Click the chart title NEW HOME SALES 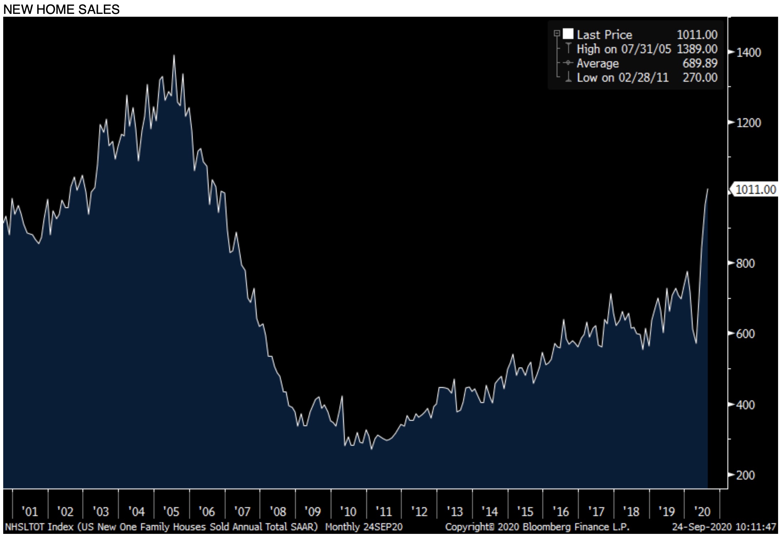(61, 9)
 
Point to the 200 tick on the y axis (745, 475)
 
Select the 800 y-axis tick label (745, 263)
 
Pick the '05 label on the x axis (171, 512)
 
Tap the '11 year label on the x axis (384, 512)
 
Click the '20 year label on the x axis (702, 512)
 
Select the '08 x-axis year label (278, 512)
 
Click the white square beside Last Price (568, 34)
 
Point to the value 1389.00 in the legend (697, 49)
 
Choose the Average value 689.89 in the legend (700, 63)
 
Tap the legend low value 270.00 (700, 78)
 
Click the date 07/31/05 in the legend (646, 49)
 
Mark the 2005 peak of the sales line (174, 56)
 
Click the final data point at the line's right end (708, 189)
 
